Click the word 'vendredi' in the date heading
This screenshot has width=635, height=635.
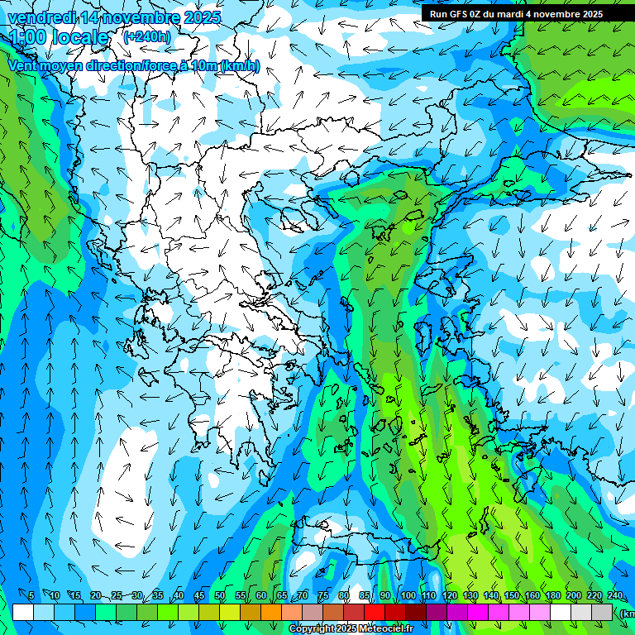pos(41,17)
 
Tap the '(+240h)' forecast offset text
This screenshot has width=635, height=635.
pos(147,36)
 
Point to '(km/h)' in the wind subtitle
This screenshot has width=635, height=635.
pos(240,66)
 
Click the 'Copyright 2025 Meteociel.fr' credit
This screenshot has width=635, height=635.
pos(351,629)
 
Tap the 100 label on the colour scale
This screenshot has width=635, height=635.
pos(408,596)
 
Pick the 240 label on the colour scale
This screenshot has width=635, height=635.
pos(614,596)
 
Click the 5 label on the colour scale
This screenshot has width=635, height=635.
pos(31,596)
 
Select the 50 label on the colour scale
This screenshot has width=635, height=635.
pos(220,596)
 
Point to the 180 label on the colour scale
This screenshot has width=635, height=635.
pos(552,596)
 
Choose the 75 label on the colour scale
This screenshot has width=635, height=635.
pos(323,596)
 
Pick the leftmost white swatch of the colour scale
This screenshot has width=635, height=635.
pos(23,612)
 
